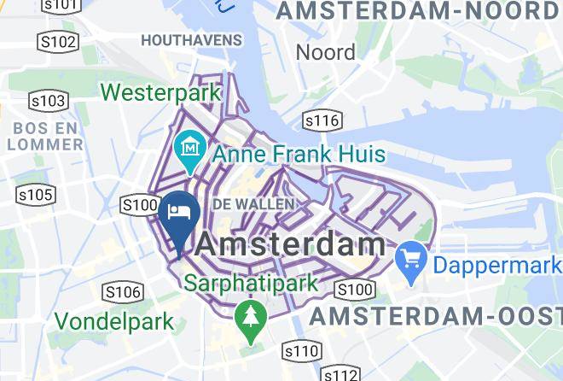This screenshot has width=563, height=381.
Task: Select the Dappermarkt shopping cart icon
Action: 412,255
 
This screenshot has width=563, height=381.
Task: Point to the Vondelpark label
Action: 115,322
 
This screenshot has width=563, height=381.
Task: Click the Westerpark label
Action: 162,91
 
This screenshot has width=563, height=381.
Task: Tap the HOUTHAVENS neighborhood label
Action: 191,40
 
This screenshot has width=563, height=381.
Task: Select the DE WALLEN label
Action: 252,204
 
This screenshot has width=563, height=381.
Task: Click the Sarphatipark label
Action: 251,282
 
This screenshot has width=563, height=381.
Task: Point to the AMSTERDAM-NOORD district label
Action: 418,12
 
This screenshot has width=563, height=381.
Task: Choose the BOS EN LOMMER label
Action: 45,136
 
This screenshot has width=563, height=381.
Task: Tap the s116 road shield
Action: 322,120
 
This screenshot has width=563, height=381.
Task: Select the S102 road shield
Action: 58,41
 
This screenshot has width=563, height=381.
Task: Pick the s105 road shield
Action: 36,196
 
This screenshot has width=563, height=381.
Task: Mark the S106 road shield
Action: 121,293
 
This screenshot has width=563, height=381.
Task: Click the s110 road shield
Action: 301,350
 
